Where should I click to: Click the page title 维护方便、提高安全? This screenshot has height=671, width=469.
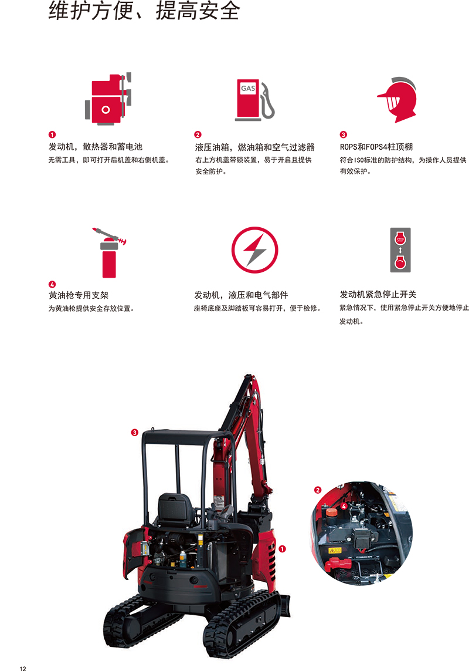144,10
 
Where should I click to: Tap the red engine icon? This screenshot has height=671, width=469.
108,99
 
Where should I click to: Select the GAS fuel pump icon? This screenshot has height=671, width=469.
255,99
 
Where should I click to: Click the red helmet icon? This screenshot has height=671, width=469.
397,100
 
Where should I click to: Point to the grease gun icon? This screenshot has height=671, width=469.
110,252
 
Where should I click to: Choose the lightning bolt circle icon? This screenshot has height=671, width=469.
255,250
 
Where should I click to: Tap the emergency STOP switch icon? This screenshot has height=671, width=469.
400,250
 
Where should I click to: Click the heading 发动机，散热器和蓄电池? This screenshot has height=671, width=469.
96,147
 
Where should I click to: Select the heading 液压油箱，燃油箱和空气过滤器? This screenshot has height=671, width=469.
255,147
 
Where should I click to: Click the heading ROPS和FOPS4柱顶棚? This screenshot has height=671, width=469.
376,147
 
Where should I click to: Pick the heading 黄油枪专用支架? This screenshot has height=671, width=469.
79,295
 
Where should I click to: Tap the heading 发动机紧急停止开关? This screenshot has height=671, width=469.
378,295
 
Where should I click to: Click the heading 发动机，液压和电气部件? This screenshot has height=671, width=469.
241,295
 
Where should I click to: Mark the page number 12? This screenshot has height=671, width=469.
23,668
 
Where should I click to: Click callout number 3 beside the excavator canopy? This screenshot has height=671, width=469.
135,433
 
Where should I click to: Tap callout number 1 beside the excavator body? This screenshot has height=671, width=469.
282,549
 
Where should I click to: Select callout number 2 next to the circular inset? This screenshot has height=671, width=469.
318,490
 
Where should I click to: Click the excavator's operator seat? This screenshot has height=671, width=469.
176,509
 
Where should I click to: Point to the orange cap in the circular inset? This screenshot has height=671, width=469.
331,512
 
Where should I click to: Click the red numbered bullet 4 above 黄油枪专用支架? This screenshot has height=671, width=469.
52,284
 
